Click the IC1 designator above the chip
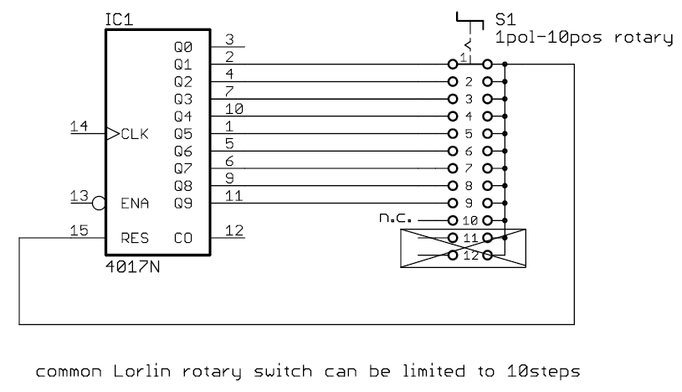(x=118, y=18)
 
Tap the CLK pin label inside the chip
(x=135, y=132)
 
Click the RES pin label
(x=135, y=238)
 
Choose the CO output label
(x=184, y=238)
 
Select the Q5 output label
(x=183, y=132)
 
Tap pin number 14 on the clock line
(x=79, y=126)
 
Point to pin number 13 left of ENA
(x=79, y=195)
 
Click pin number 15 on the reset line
(x=79, y=231)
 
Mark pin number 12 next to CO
(x=233, y=231)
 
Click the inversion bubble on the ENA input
(x=99, y=203)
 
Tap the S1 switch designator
(x=505, y=18)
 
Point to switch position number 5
(x=469, y=134)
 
